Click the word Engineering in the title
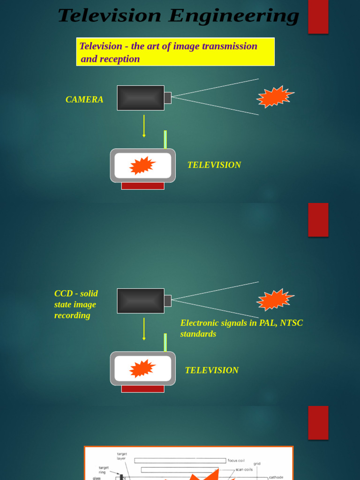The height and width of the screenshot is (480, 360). pos(233,16)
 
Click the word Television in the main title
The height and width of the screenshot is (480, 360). pos(110,16)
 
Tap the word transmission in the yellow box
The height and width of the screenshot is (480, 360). pos(229,46)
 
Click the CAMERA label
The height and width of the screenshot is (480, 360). pos(84,99)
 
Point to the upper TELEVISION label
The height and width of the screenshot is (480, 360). pos(214,165)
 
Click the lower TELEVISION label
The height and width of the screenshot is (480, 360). pos(211,370)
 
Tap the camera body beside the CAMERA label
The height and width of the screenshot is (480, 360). pos(141,98)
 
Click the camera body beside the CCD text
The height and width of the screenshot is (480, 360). pos(141,301)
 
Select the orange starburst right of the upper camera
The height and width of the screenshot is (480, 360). pos(275,97)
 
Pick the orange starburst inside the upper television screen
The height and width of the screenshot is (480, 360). pos(142,165)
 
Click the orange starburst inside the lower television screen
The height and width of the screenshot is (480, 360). pos(142,368)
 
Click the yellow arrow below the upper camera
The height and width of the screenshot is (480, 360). pos(144,126)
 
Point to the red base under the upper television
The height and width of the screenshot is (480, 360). pos(142,186)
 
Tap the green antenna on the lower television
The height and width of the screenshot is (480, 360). pos(165,342)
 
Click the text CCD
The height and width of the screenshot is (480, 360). pos(63,293)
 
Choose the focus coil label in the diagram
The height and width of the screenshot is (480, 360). pos(236,460)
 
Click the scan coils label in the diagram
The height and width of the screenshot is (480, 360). pos(244,469)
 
